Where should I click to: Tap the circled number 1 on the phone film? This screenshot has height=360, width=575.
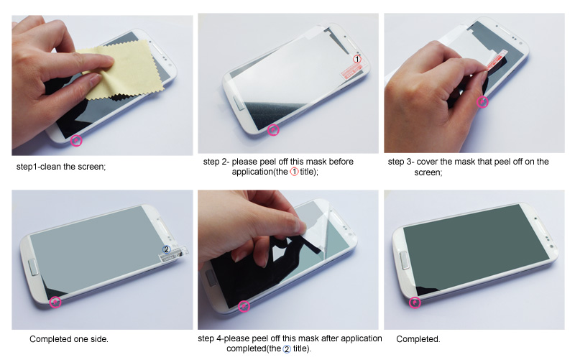tap(357, 59)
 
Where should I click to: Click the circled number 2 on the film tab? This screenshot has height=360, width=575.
tap(167, 249)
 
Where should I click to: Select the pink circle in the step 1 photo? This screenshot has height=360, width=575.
tap(76, 140)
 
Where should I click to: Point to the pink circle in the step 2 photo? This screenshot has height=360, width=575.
tap(273, 130)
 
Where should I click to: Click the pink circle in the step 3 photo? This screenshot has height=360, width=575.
tap(482, 102)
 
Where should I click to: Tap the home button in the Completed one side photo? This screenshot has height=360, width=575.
tap(32, 267)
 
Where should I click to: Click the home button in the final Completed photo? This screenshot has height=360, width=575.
tap(405, 260)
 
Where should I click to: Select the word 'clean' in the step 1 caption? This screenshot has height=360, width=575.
tap(50, 167)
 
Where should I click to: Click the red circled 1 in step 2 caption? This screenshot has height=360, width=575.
tap(294, 172)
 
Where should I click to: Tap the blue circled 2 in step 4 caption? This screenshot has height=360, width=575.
tap(287, 349)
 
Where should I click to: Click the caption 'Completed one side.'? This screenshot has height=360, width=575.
tap(69, 339)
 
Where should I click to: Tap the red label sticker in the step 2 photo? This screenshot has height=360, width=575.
tap(351, 71)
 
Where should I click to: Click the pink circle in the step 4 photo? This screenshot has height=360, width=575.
tap(244, 306)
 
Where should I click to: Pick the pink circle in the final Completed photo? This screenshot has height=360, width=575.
tap(415, 303)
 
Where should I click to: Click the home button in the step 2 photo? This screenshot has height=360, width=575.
tap(239, 103)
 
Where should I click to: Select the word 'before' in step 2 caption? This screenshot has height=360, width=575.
tap(341, 162)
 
